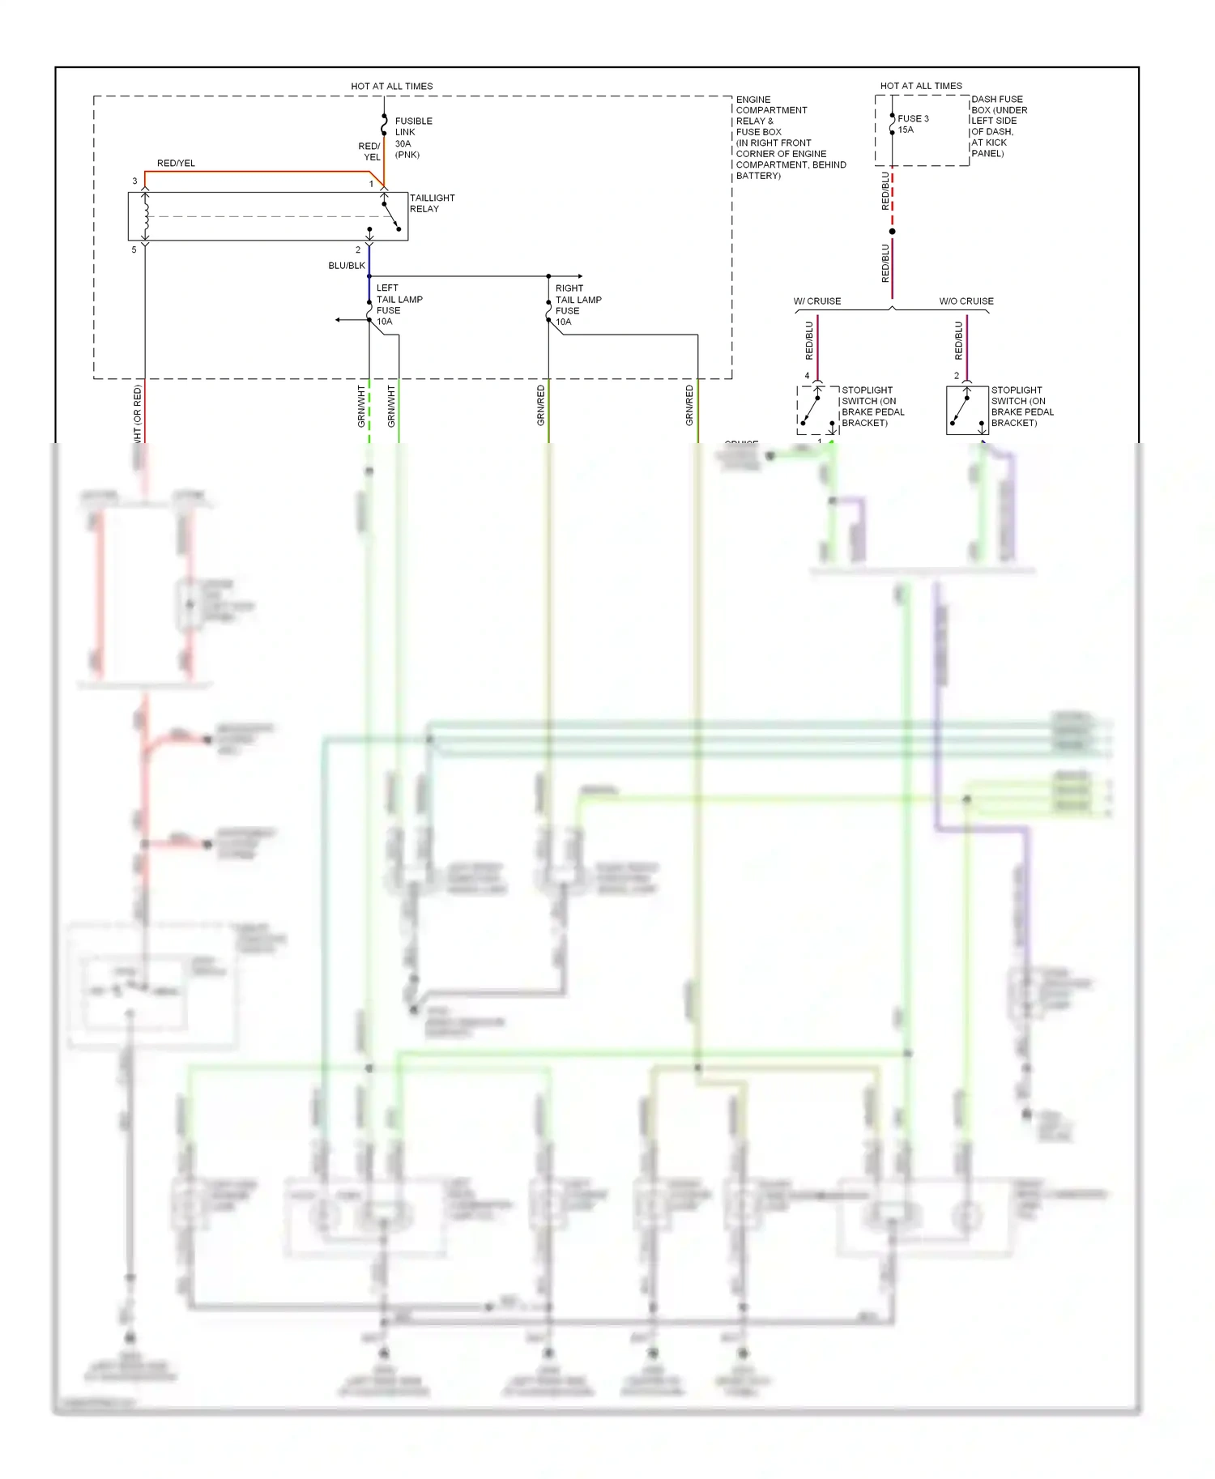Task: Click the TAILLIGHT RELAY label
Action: coord(431,203)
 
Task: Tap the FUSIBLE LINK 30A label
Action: coord(413,137)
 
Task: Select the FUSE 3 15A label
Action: coord(912,124)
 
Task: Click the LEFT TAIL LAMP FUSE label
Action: coord(399,305)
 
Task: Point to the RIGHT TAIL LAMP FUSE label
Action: coord(578,305)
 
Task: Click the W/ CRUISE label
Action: coord(816,301)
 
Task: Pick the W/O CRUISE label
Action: coord(966,301)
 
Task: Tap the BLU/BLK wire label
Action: coord(347,266)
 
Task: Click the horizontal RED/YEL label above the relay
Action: coord(176,164)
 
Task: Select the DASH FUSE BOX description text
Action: coord(999,126)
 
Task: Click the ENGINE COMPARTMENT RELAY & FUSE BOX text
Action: coord(789,138)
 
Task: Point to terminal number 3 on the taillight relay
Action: coord(134,181)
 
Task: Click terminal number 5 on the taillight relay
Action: coord(134,250)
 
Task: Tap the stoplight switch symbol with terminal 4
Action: coord(817,410)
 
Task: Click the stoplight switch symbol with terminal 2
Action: coord(966,410)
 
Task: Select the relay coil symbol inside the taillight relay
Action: coord(146,216)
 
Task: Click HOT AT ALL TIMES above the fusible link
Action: coord(391,87)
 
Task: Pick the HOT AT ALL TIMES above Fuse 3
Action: coord(920,86)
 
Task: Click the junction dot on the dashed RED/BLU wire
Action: coord(892,232)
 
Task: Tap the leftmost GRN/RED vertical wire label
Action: coord(540,405)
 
